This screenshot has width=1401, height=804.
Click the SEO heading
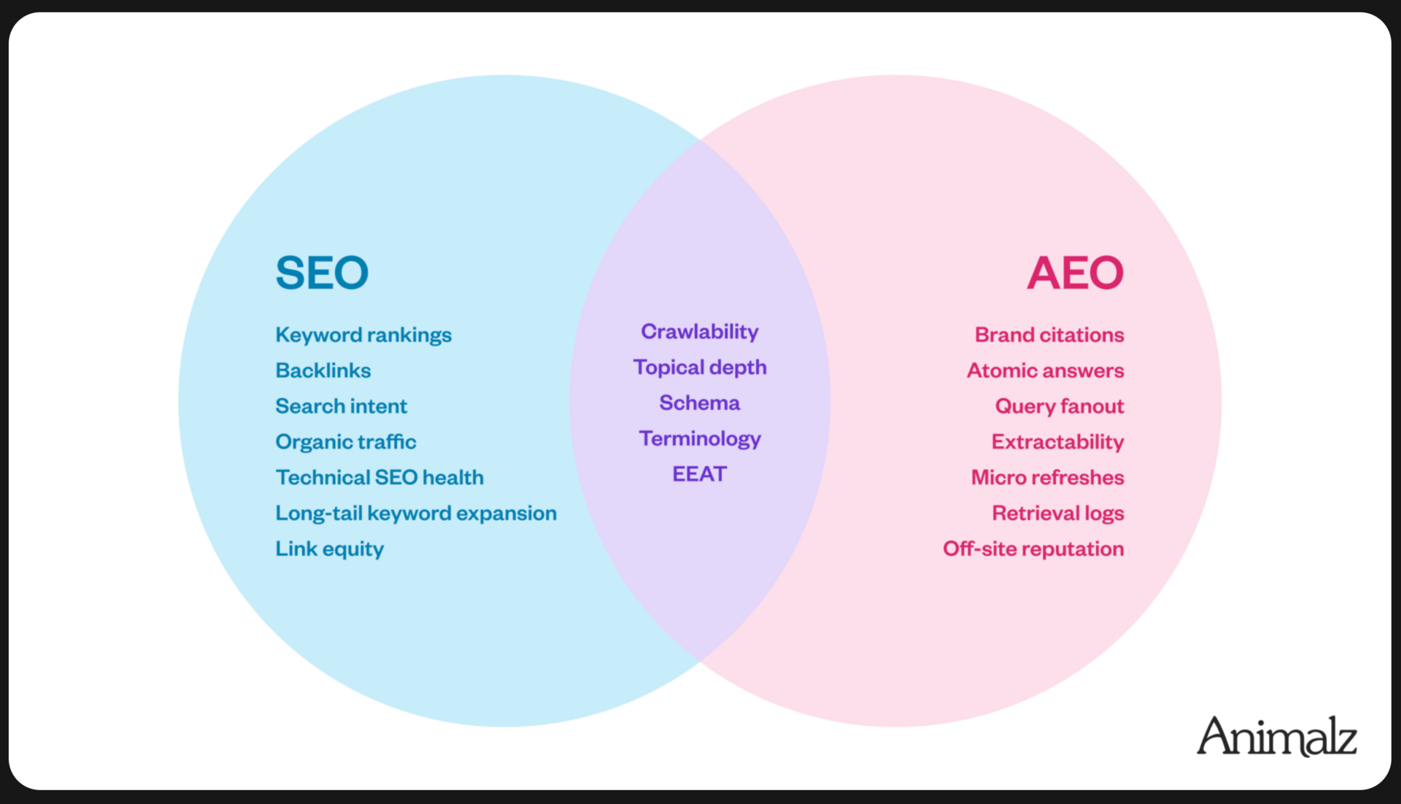(322, 273)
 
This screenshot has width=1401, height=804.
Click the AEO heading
(1075, 273)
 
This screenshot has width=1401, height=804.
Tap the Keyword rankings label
(363, 335)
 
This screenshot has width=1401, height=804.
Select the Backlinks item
(323, 371)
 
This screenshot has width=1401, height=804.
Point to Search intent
(341, 406)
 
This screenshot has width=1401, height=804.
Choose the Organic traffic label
(346, 442)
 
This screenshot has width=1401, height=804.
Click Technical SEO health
(379, 478)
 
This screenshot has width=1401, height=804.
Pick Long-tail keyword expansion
(416, 514)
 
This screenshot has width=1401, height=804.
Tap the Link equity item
(329, 549)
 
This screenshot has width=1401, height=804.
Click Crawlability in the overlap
(700, 332)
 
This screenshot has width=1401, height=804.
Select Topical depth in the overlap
(700, 368)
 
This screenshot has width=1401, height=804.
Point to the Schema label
(700, 403)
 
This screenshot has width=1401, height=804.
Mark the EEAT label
(700, 475)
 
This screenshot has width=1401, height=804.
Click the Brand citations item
(1049, 335)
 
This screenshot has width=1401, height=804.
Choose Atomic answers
(1045, 371)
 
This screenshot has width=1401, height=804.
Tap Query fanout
(1060, 406)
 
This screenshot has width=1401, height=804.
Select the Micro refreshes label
(1047, 478)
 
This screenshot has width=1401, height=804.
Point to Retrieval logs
(1058, 514)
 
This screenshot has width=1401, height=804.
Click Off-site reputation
(1033, 549)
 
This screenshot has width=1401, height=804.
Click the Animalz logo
(1276, 736)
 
